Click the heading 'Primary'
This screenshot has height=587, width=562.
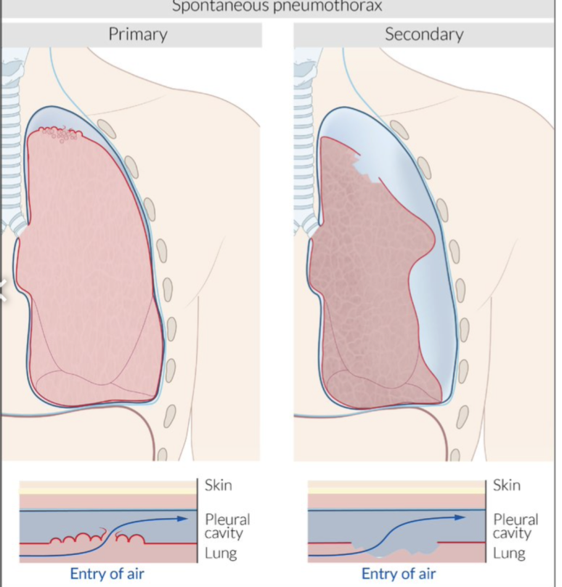click(x=138, y=34)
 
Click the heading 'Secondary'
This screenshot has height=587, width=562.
click(x=424, y=34)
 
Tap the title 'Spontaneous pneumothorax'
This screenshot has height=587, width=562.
click(x=277, y=7)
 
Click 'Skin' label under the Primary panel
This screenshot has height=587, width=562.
click(x=219, y=485)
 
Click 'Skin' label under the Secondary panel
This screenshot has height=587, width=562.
click(x=507, y=485)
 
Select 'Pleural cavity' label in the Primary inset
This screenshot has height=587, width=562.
click(x=227, y=526)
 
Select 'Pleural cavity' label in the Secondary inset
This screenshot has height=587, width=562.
click(x=516, y=526)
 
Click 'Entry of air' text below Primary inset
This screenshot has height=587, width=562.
click(x=107, y=574)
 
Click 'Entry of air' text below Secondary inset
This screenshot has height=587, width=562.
click(x=398, y=574)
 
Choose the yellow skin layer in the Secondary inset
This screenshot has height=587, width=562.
click(x=395, y=490)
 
